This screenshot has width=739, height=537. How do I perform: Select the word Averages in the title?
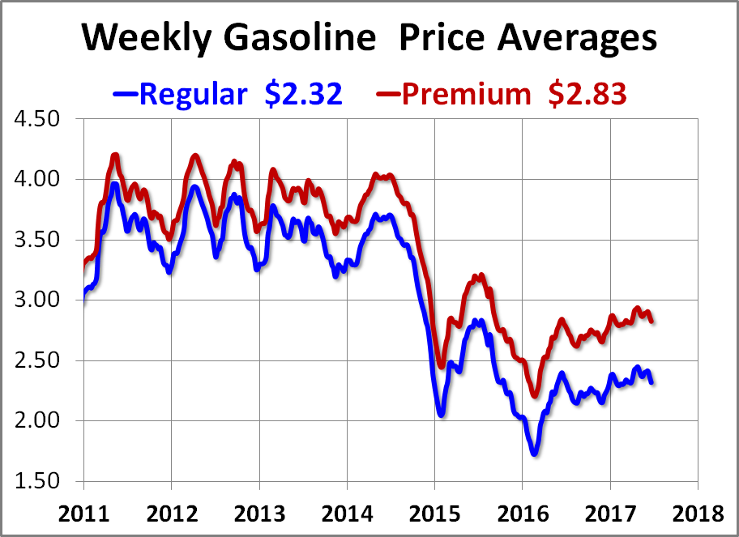(573, 37)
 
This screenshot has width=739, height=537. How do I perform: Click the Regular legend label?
(193, 94)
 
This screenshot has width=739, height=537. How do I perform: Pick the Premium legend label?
(466, 94)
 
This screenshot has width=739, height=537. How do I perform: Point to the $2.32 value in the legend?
(303, 94)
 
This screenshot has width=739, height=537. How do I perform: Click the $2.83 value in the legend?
(586, 94)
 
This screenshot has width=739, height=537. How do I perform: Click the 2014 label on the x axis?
(347, 514)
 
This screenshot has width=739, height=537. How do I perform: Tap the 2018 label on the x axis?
(697, 514)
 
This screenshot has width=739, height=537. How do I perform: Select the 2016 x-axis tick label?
(522, 514)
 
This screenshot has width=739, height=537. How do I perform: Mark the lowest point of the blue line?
(533, 453)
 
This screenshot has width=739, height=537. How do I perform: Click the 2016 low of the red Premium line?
(535, 394)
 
